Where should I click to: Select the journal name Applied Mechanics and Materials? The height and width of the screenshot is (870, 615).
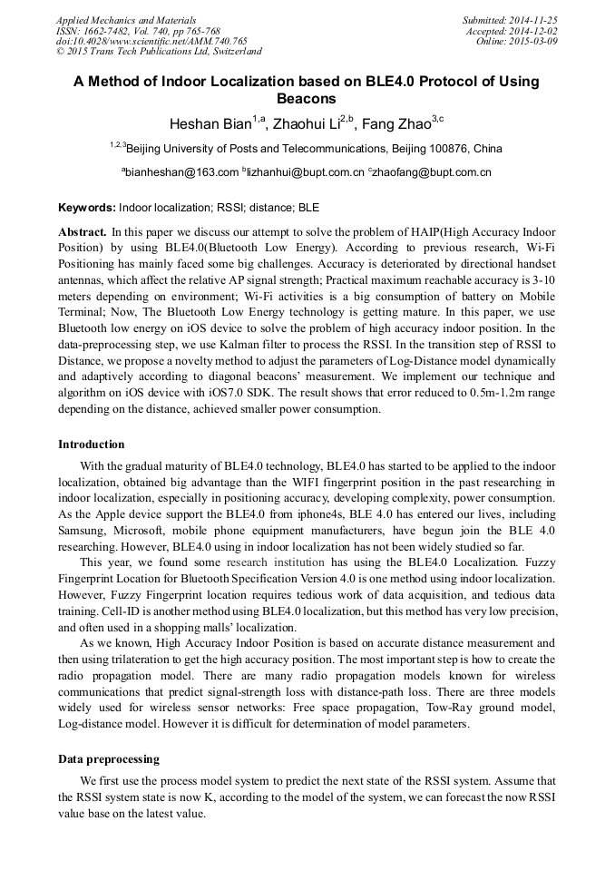[123, 19]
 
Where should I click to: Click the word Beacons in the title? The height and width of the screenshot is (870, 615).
[307, 99]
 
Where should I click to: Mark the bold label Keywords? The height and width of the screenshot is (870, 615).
[86, 208]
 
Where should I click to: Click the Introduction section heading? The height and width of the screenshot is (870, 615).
[92, 445]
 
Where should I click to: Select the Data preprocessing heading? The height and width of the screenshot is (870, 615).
[109, 758]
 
